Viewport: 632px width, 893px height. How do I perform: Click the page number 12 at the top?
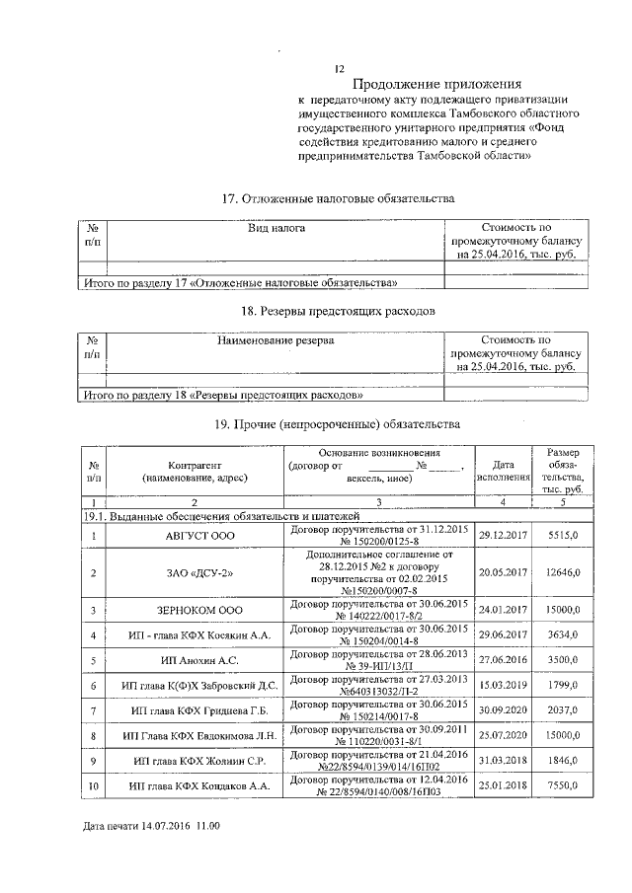tap(340, 69)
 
